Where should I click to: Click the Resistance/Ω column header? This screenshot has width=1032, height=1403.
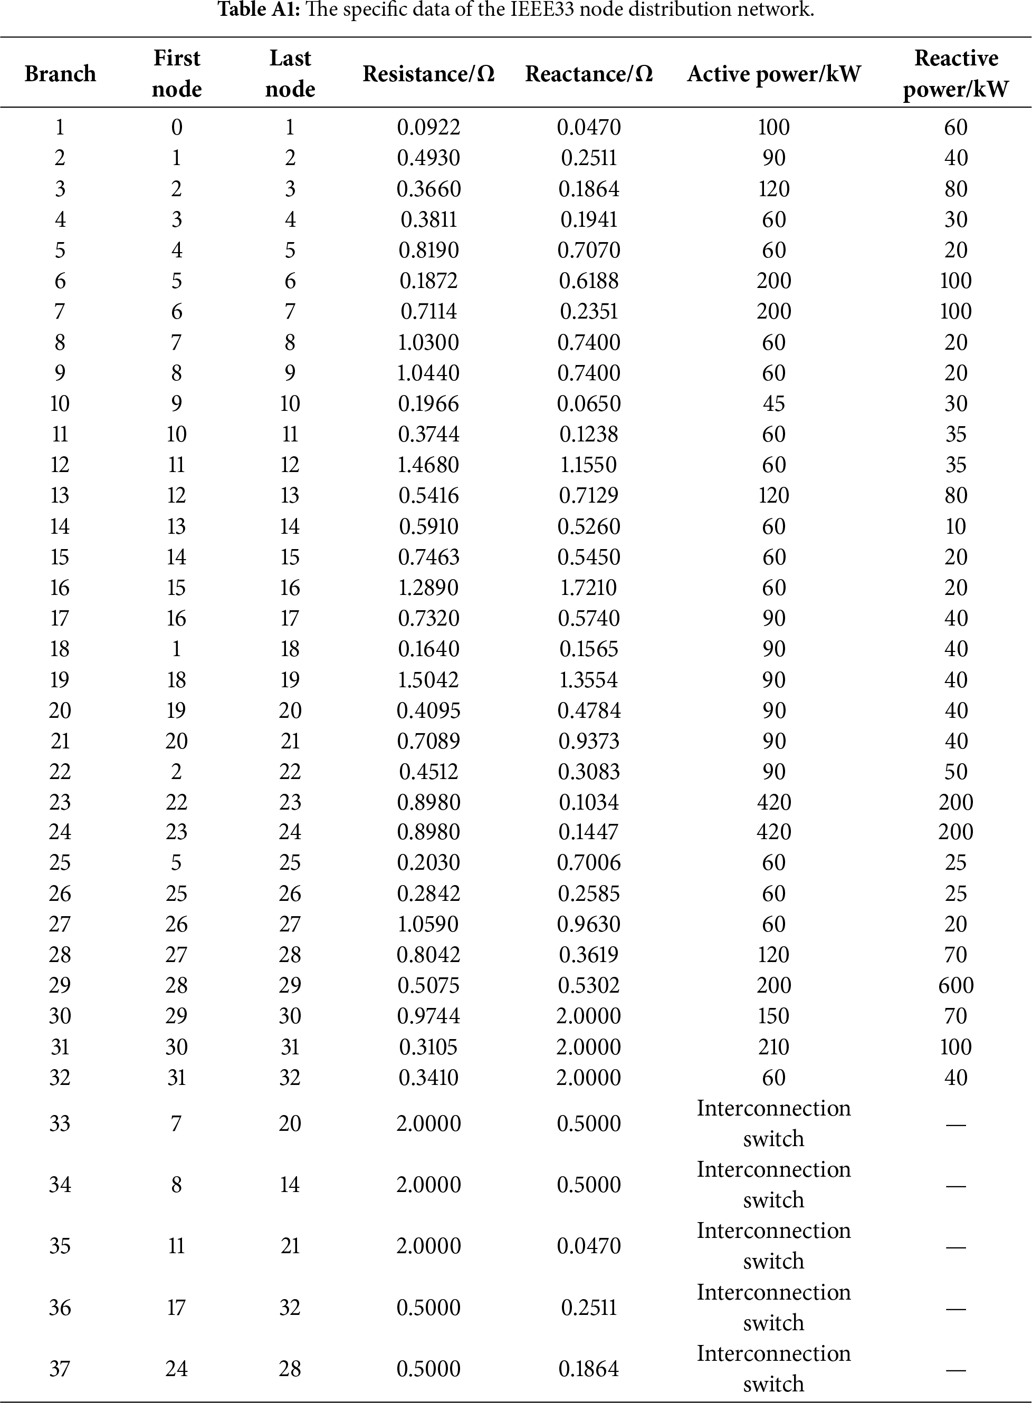point(428,74)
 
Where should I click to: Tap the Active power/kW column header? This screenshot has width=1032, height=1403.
point(773,74)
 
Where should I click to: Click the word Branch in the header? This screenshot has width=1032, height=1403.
point(60,74)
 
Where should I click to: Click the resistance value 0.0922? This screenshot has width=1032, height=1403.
point(428,127)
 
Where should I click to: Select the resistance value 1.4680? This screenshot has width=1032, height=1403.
point(428,465)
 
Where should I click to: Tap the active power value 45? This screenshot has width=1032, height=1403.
point(773,404)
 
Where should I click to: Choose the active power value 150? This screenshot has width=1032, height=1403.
point(773,1016)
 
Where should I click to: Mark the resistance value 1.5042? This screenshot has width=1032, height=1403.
point(428,680)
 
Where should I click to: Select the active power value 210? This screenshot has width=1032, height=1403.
point(773,1047)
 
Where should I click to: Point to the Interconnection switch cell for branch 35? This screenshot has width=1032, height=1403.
point(773,1246)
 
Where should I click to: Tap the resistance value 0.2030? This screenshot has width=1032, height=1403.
point(428,863)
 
